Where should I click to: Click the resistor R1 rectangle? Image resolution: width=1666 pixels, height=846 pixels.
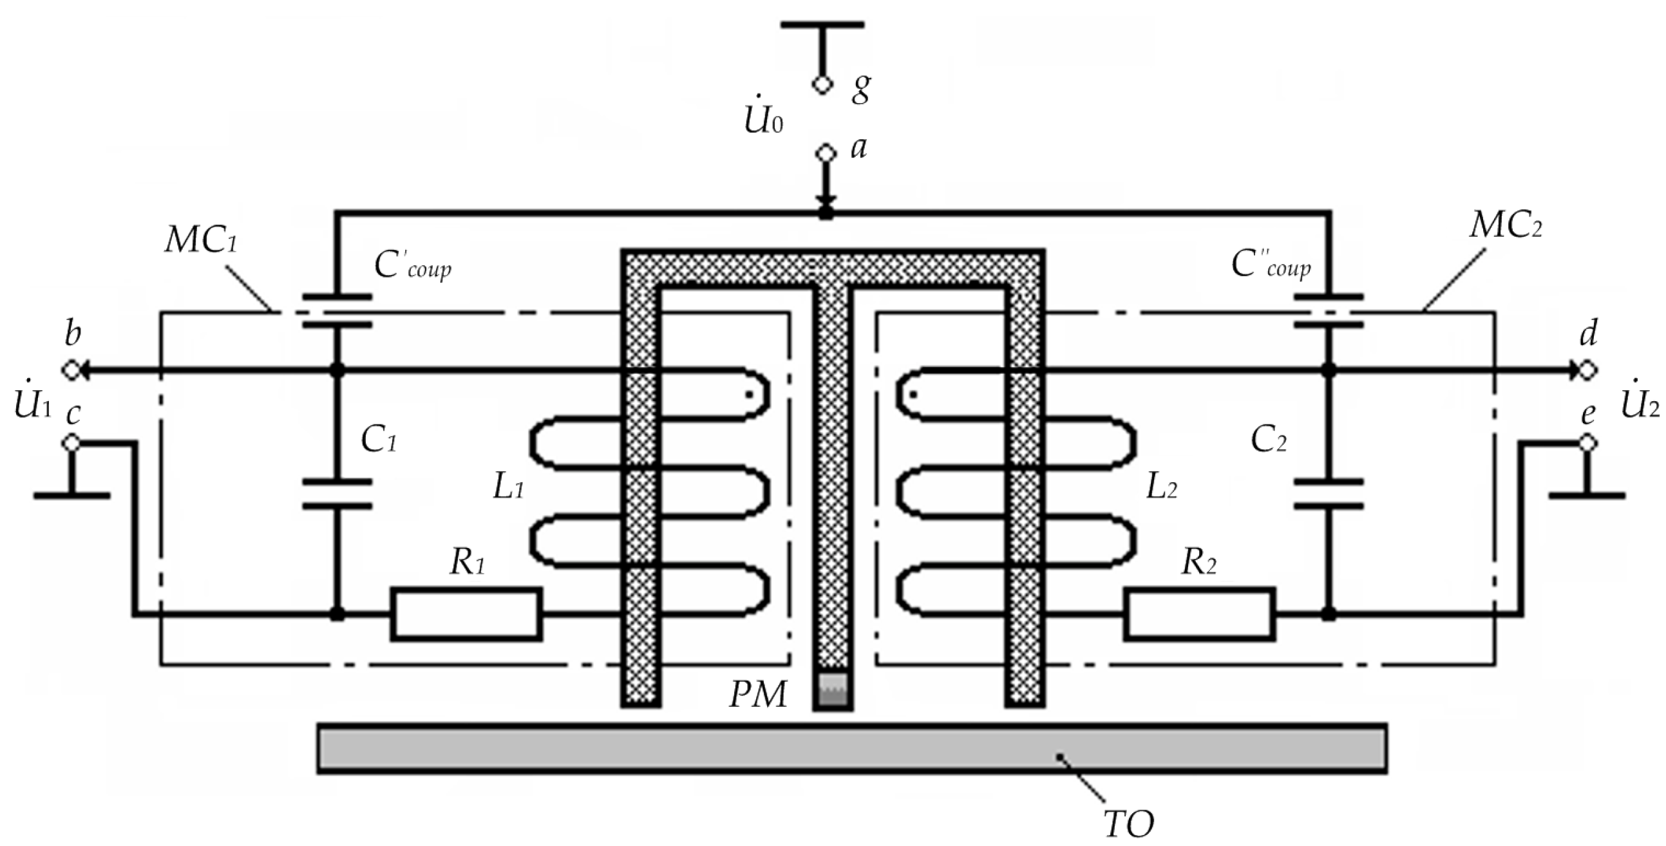point(466,614)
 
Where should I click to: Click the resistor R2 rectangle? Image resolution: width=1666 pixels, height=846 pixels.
point(1200,614)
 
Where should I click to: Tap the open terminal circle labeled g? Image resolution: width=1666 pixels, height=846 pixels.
point(822,85)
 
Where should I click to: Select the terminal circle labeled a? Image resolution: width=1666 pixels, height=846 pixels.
point(824,153)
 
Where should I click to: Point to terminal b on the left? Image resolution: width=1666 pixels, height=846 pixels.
point(71,371)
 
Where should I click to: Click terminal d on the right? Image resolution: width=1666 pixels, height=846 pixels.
point(1587,371)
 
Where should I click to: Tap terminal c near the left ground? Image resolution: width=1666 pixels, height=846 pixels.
point(71,443)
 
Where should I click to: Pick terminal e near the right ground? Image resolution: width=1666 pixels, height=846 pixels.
point(1587,443)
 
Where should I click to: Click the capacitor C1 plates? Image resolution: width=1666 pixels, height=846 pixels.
point(337,493)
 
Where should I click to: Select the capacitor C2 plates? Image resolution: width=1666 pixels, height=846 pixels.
point(1329,493)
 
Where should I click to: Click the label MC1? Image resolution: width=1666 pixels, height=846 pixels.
point(201,241)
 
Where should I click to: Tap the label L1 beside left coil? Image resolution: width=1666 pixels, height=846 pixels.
point(508,487)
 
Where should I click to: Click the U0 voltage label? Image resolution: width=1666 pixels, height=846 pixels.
point(763,120)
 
